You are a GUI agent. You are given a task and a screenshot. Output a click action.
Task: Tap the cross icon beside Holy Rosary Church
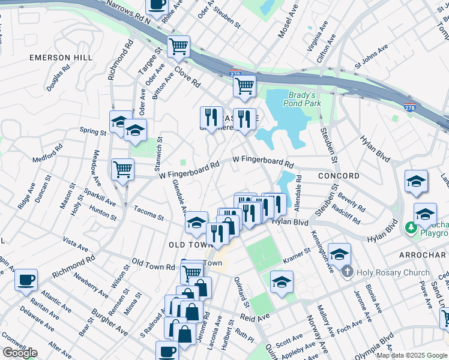[347, 272]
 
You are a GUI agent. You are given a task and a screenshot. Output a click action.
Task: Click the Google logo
[20, 353]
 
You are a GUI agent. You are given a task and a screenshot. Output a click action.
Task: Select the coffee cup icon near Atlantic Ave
[26, 280]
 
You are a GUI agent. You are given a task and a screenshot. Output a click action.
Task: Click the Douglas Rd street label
[59, 77]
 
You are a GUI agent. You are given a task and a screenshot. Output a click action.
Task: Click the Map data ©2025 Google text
[412, 356]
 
